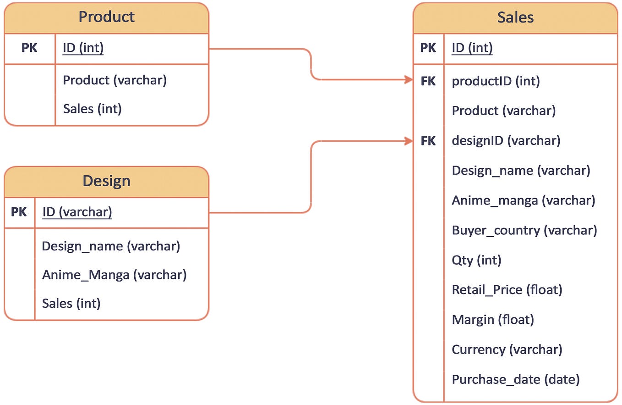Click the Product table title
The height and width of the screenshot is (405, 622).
tap(106, 17)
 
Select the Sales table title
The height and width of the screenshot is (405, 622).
tap(515, 17)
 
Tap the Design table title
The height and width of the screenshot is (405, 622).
tap(106, 181)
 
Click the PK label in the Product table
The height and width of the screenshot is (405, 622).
tap(29, 48)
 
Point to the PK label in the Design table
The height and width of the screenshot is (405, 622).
tap(19, 212)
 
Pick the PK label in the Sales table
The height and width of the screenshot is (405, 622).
tap(428, 48)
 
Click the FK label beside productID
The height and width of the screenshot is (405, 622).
tap(428, 81)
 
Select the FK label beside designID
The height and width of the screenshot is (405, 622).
tap(428, 141)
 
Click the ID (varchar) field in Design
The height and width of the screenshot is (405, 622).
tap(77, 212)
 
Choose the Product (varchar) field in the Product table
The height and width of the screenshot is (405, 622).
tap(115, 80)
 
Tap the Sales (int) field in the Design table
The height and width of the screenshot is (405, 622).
tap(71, 303)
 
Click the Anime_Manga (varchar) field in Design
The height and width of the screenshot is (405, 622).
tap(114, 275)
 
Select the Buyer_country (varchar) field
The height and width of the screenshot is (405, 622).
tap(524, 230)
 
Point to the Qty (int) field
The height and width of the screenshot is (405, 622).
tap(476, 260)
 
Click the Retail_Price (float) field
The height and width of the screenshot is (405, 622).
tap(507, 290)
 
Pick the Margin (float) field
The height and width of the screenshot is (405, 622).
tap(493, 320)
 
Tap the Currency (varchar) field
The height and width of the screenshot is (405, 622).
tap(507, 350)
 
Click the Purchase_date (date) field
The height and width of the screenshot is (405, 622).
tap(516, 379)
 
